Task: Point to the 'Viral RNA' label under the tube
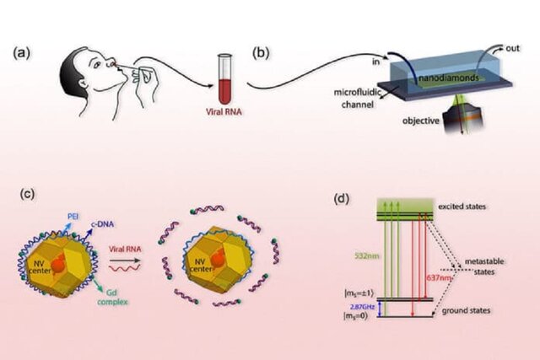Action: (x=224, y=110)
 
